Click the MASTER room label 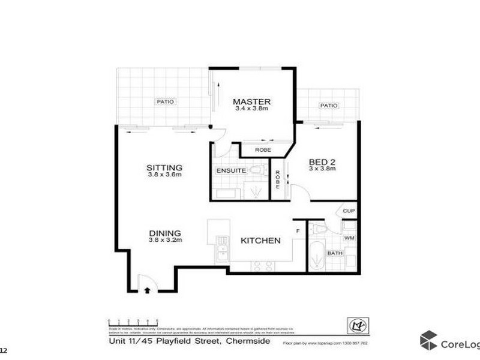pyautogui.click(x=252, y=101)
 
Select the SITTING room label pyautogui.click(x=164, y=167)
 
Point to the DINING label pyautogui.click(x=164, y=233)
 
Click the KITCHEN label pyautogui.click(x=260, y=241)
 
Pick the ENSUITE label pyautogui.click(x=230, y=171)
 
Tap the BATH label pyautogui.click(x=334, y=254)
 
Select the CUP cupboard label pyautogui.click(x=349, y=211)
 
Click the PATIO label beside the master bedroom pyautogui.click(x=166, y=102)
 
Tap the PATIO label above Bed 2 pyautogui.click(x=328, y=106)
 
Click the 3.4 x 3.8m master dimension pyautogui.click(x=252, y=109)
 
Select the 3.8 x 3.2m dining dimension pyautogui.click(x=164, y=240)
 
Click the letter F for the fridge pyautogui.click(x=297, y=230)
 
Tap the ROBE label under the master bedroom pyautogui.click(x=263, y=150)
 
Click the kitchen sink pyautogui.click(x=223, y=251)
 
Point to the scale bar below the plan pyautogui.click(x=133, y=323)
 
